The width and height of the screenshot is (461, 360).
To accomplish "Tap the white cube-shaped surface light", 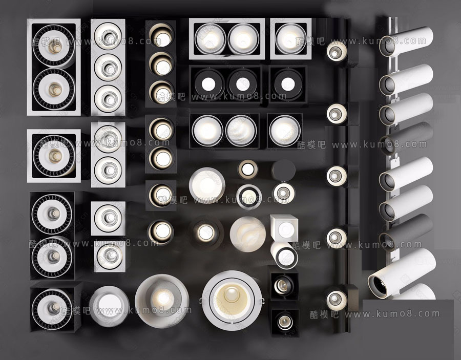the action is (x=284, y=228).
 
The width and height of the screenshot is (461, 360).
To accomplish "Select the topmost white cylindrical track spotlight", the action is (x=406, y=41).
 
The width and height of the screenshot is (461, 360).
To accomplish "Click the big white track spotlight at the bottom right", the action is (x=401, y=273).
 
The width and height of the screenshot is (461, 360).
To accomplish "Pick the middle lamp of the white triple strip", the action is (x=108, y=68).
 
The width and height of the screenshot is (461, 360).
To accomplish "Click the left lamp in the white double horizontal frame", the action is (x=210, y=39).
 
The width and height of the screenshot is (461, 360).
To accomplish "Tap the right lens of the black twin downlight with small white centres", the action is (x=243, y=84).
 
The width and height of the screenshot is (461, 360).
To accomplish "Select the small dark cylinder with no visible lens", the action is (x=283, y=171).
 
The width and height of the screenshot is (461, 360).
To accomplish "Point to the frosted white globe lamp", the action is (x=248, y=234).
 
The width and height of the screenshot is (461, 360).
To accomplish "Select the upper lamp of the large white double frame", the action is (x=54, y=46).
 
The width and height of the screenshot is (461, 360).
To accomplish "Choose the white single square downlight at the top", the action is (x=290, y=39).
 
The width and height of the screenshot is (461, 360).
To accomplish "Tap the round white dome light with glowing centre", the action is (x=162, y=301).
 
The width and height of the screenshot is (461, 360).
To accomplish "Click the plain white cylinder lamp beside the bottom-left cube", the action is (x=109, y=306).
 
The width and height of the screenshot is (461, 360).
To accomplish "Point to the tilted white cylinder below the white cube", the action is (x=284, y=255).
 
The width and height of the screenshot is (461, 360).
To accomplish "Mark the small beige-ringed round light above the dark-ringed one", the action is (x=247, y=170).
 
